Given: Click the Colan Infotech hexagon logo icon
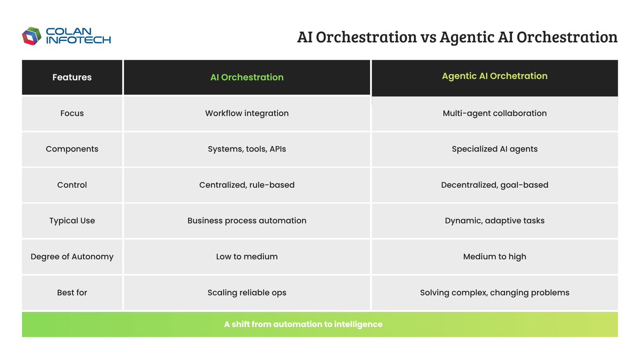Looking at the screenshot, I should tap(31, 36).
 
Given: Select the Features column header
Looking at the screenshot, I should tap(72, 77).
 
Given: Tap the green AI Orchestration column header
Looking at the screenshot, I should tap(246, 77).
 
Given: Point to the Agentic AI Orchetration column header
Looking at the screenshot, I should tap(494, 76).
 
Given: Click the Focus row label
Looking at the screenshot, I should tap(72, 113).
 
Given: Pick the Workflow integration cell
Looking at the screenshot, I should tap(246, 113).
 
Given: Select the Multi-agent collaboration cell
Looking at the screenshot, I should tap(494, 113).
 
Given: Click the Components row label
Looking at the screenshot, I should tap(72, 149).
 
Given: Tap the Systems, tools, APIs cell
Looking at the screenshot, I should tap(246, 149).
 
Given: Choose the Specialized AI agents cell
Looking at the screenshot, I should tap(494, 149).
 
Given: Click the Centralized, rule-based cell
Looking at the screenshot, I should tap(246, 185).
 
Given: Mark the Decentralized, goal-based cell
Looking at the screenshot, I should tap(494, 185).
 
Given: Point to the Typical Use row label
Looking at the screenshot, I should tap(72, 220).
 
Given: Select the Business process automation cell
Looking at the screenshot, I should tap(246, 220).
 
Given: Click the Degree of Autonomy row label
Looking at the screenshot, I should tap(72, 257).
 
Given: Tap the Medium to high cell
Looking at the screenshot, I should tap(494, 257).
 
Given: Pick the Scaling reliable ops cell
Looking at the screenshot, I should tap(246, 292).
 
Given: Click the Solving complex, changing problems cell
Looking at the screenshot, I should tap(494, 292).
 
